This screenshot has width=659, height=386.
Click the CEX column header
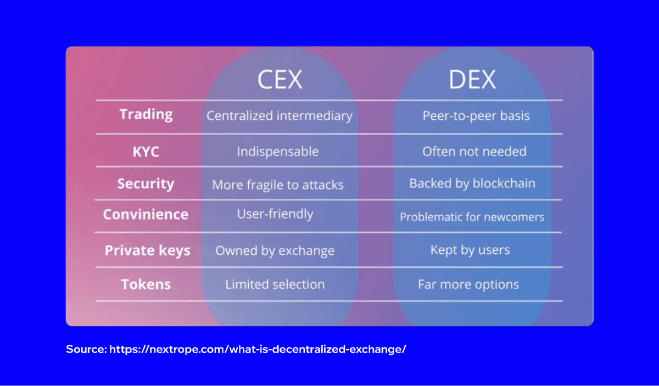pos(280,79)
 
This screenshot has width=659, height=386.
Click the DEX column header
pos(472,79)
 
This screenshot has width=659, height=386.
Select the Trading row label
pos(146,115)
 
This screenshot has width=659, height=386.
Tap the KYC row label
pos(146,152)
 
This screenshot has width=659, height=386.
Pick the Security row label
pos(146,183)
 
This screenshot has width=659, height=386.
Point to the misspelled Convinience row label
pos(146,214)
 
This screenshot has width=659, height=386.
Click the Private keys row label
pos(147,250)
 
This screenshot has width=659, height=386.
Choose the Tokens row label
pos(146,284)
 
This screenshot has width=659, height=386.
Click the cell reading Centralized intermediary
pos(279,116)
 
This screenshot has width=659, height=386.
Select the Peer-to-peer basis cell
pos(476,116)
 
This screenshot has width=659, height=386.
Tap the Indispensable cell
pos(277,152)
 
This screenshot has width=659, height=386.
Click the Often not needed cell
pos(474,152)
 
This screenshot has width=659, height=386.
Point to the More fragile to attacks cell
pos(278,184)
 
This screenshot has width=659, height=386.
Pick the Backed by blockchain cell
pos(472,183)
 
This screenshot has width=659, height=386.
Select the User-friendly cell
pos(275,214)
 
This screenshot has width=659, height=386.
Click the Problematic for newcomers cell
pos(472,217)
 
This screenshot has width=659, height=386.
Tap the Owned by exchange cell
pos(275,251)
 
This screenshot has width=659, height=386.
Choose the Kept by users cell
pos(470,250)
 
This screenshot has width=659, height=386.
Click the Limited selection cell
pos(275,284)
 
